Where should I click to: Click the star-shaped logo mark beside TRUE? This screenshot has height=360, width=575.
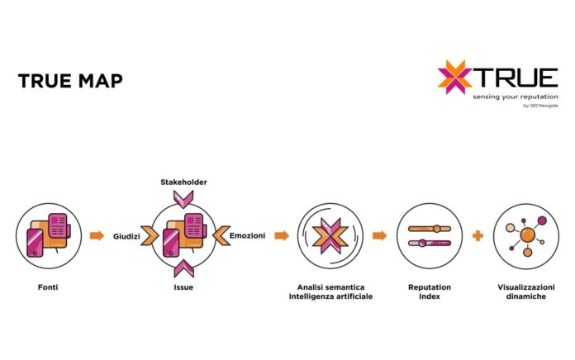[x=454, y=77]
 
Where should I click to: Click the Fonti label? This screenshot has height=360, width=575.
[x=46, y=287]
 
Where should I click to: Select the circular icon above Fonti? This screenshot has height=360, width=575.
[x=46, y=235]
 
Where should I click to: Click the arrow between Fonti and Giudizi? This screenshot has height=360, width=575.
[x=97, y=235]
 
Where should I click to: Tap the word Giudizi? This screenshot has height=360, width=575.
[x=126, y=236]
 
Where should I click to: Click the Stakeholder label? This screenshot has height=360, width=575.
[x=183, y=182]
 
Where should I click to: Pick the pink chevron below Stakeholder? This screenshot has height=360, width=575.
[x=183, y=198]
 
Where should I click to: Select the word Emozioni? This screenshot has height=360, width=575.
[x=247, y=236]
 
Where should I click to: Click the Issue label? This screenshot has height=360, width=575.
[x=183, y=287]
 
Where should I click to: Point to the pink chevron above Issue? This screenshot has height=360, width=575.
[x=183, y=268]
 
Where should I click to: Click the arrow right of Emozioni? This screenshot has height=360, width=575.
[x=282, y=236]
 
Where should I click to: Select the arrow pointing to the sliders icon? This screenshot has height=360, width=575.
[x=379, y=236]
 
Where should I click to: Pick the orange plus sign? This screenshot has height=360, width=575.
[x=477, y=236]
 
